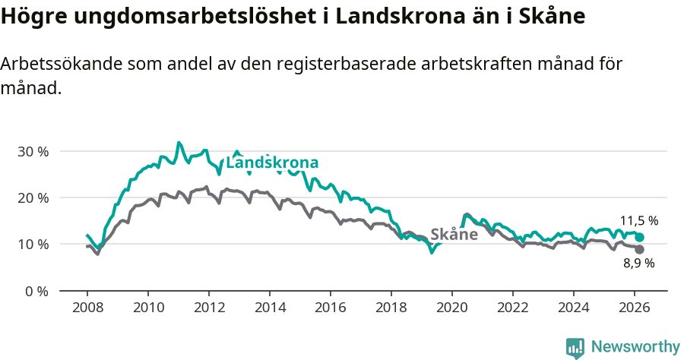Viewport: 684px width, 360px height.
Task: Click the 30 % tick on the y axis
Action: pos(33,151)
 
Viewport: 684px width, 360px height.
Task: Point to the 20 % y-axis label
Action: pos(33,197)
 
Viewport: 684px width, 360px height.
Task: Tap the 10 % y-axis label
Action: pos(33,244)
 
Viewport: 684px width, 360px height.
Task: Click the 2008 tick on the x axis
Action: pos(87,308)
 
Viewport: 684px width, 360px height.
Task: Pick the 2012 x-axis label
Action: pos(208,308)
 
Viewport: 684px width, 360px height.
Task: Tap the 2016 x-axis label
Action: pos(330,308)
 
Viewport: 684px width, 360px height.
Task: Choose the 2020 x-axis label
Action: pos(451,308)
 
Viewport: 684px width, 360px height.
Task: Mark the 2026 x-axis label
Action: pos(635,308)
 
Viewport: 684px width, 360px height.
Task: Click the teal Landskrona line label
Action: pos(272,163)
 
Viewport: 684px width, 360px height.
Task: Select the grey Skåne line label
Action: pos(454,235)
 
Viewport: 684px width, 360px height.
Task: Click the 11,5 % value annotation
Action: pos(639,221)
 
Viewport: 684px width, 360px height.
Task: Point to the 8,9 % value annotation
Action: pos(639,264)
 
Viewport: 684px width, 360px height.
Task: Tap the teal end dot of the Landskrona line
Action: pos(639,238)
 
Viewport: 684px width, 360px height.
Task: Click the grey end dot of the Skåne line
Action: pos(639,249)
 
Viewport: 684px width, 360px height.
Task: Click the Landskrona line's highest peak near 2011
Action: pos(179,142)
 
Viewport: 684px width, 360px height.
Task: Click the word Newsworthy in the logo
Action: pos(635,347)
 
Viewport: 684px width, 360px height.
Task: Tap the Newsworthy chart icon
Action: pos(575,348)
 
